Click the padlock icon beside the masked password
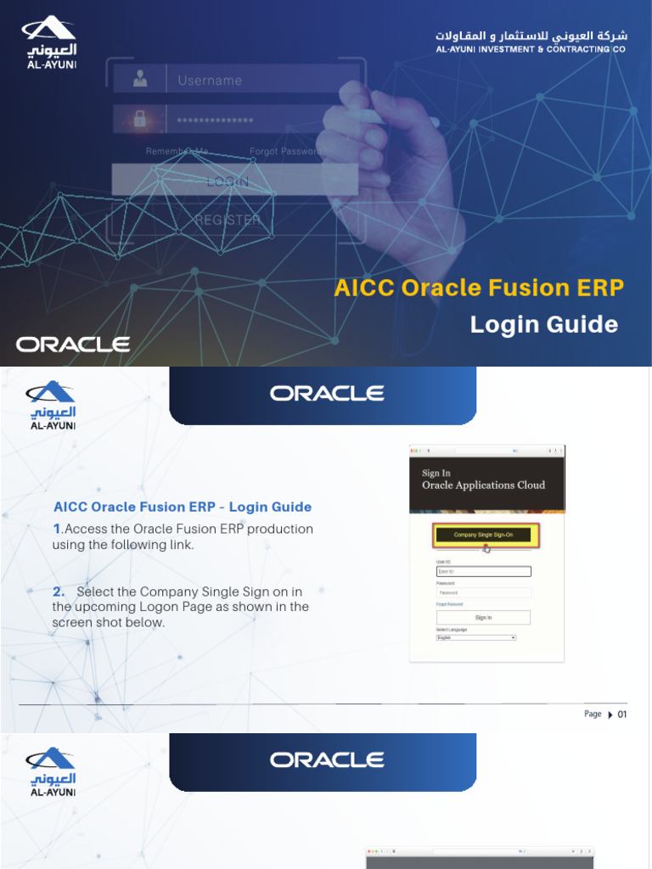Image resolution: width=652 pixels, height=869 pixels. point(139,120)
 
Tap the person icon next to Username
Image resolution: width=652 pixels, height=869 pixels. point(139,81)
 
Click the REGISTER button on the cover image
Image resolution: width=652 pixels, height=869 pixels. point(228,220)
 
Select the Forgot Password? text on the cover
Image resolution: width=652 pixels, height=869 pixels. point(284,152)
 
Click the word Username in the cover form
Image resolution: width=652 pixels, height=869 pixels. point(210,81)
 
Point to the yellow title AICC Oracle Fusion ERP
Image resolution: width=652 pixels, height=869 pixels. point(479,289)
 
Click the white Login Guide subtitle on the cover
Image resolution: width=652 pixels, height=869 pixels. point(544,324)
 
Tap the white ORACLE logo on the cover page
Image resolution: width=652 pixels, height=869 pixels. point(73,345)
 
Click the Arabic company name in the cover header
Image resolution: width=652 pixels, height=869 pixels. point(531,36)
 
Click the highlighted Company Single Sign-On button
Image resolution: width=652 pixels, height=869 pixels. point(486,535)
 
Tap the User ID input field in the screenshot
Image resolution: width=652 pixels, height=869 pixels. point(483,572)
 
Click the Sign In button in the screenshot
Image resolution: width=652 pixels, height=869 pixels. point(483,618)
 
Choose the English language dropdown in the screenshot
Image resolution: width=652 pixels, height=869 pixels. point(476,637)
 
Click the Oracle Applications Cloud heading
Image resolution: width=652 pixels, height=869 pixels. point(483,485)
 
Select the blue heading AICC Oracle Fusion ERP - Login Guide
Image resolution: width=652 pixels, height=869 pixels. point(183,507)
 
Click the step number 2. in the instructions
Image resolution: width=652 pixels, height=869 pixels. point(59,591)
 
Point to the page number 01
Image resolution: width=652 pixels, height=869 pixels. point(622,715)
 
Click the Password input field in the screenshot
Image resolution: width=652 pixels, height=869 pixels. point(483,592)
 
